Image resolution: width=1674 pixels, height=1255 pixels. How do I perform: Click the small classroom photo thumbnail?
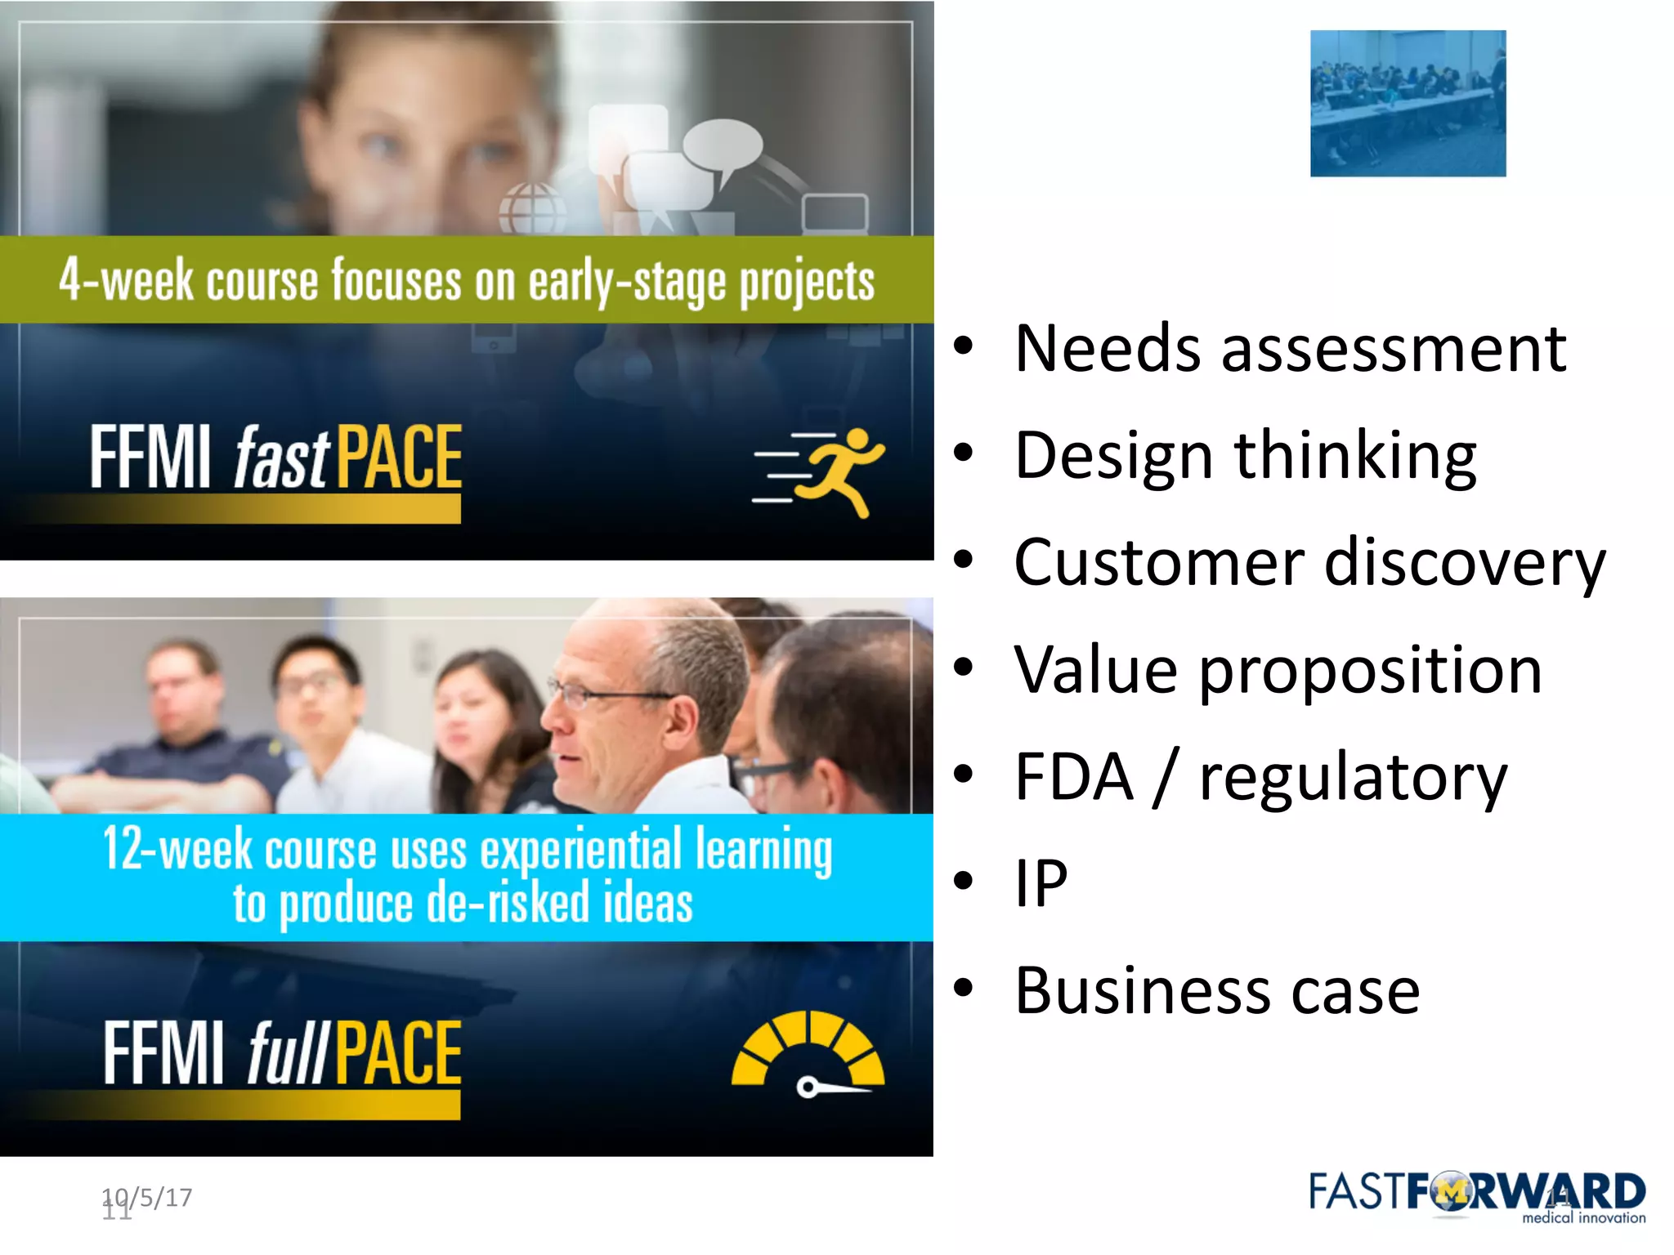(1408, 104)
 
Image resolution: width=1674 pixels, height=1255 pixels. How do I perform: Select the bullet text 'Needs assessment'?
(1290, 349)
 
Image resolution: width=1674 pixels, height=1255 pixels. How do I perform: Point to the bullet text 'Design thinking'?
(1245, 456)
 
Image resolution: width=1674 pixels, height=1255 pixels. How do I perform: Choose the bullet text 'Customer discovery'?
(1309, 563)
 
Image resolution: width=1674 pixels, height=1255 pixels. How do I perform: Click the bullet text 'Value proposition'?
(1278, 671)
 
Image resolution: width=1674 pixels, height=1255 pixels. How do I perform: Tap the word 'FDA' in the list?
(1073, 777)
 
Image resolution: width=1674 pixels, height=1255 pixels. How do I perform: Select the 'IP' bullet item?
(1041, 884)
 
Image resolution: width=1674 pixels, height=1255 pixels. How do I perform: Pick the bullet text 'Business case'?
(1217, 991)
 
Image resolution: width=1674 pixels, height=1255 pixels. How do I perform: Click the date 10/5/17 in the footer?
(148, 1197)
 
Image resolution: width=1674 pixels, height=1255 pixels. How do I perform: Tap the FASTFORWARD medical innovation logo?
(1476, 1197)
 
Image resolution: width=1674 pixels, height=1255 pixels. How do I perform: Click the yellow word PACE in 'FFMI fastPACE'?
(399, 458)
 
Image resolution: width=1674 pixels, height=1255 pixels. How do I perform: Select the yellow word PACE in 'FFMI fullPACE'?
(398, 1054)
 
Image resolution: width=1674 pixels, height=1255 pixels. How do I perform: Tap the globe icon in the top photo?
(532, 208)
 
